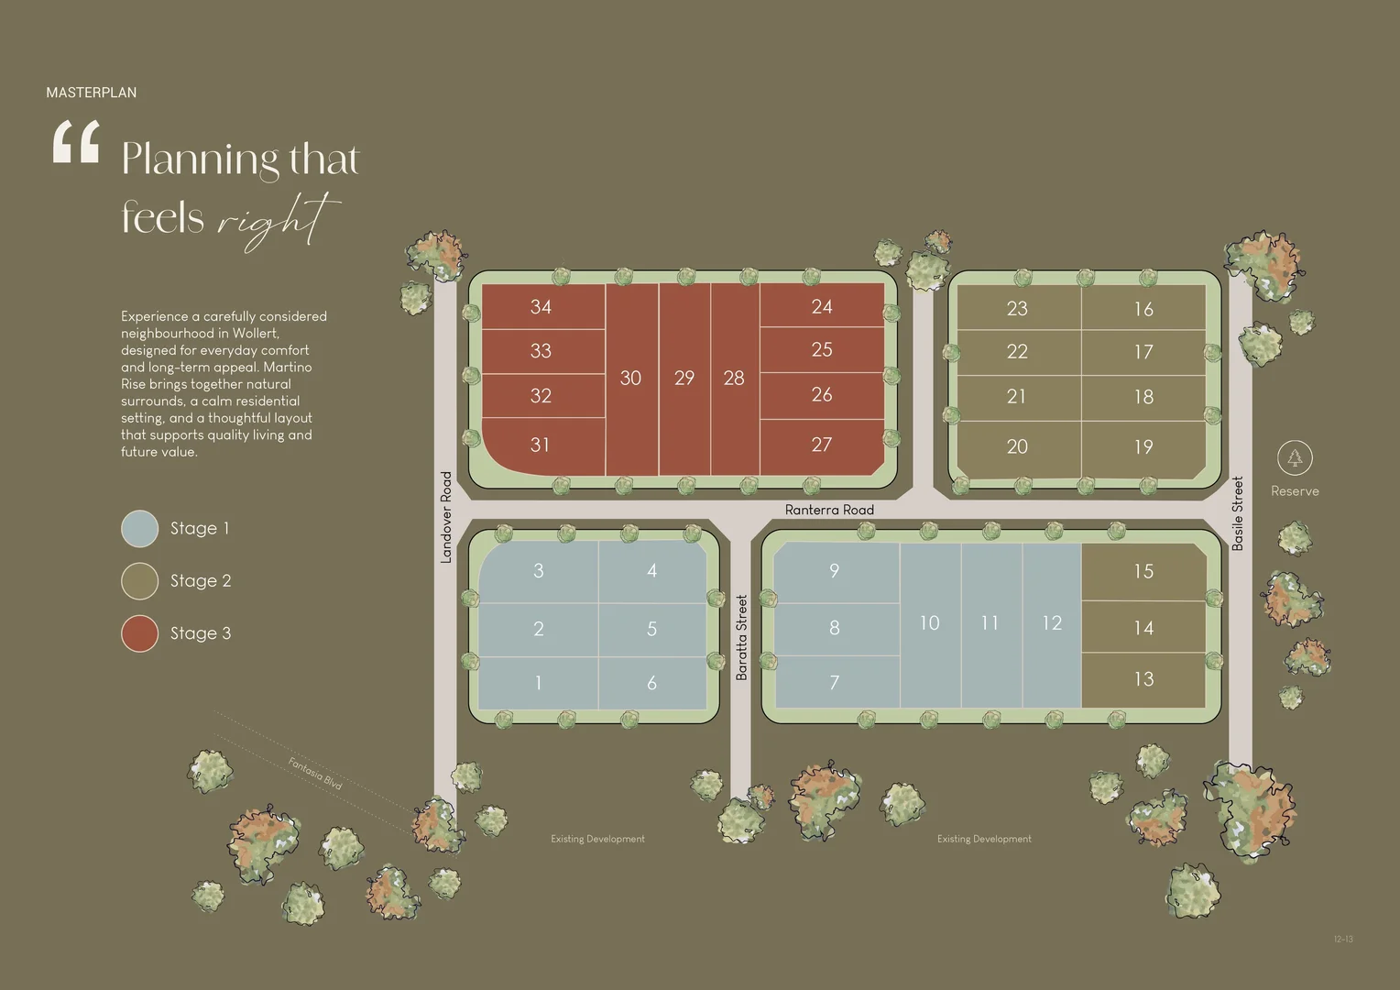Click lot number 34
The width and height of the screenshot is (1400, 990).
(541, 307)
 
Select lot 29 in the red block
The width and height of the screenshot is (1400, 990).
(684, 378)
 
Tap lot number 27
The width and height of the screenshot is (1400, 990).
(822, 445)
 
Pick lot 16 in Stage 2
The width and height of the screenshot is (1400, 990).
(1143, 309)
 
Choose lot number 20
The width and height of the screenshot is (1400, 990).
(1017, 446)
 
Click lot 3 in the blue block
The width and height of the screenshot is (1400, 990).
(539, 570)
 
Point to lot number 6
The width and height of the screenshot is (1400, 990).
(651, 682)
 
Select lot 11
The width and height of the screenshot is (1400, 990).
(990, 623)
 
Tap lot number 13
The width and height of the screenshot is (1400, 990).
(1143, 679)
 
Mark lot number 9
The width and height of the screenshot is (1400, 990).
(834, 570)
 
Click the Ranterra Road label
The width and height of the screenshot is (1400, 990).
(829, 510)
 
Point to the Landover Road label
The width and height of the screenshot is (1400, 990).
(446, 516)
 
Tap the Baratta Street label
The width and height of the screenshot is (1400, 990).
(742, 637)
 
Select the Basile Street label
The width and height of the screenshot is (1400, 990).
(1238, 512)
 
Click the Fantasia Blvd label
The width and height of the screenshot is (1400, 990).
(315, 773)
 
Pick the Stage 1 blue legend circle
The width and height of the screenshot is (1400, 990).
(140, 529)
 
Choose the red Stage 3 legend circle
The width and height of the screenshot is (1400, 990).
(140, 633)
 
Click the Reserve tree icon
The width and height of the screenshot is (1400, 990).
(1295, 457)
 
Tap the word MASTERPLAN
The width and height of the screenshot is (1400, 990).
(92, 93)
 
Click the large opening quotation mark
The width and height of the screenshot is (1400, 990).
(76, 143)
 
